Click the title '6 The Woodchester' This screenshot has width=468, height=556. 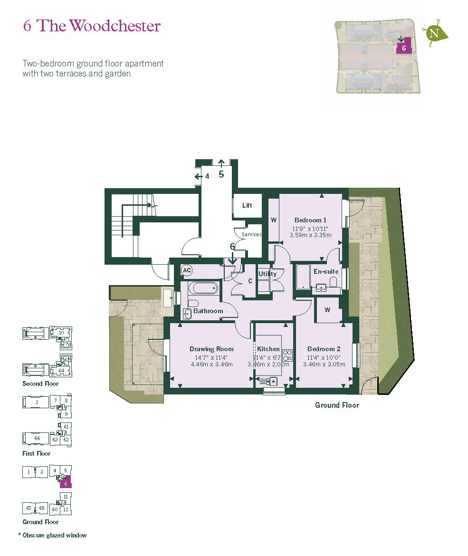[x=92, y=26]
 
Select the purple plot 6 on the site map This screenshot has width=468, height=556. [x=403, y=48]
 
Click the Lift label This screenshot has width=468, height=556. [x=247, y=205]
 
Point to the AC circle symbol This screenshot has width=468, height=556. [x=187, y=270]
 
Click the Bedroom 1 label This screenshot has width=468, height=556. [x=310, y=220]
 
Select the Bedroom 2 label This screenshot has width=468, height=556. [x=324, y=349]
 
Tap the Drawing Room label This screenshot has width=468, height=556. [x=211, y=349]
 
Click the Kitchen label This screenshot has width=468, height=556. [x=268, y=349]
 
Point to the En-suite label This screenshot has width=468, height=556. [x=326, y=271]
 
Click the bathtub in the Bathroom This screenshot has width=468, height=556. [x=203, y=288]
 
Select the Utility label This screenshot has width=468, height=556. [x=267, y=274]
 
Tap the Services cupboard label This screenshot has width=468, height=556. [x=251, y=234]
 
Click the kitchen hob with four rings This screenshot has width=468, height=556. [x=287, y=355]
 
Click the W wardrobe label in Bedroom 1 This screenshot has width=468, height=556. [x=274, y=220]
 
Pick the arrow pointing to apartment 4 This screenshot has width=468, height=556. [x=198, y=176]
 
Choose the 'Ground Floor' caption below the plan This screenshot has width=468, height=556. [x=337, y=405]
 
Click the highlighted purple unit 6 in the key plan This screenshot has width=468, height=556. [x=67, y=483]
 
